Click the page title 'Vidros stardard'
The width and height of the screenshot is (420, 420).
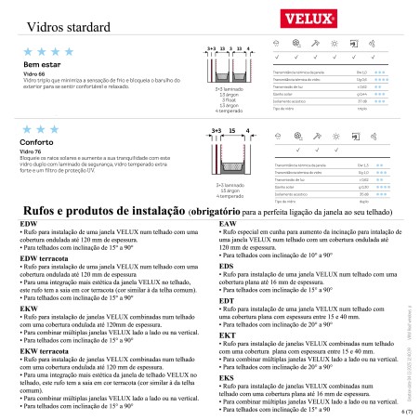coord(66,29)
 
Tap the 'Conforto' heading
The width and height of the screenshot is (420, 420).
coord(35,142)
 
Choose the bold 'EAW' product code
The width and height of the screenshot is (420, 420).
coord(227,225)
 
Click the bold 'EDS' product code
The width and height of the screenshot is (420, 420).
coord(226,266)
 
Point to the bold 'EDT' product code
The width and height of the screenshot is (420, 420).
coord(226,300)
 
